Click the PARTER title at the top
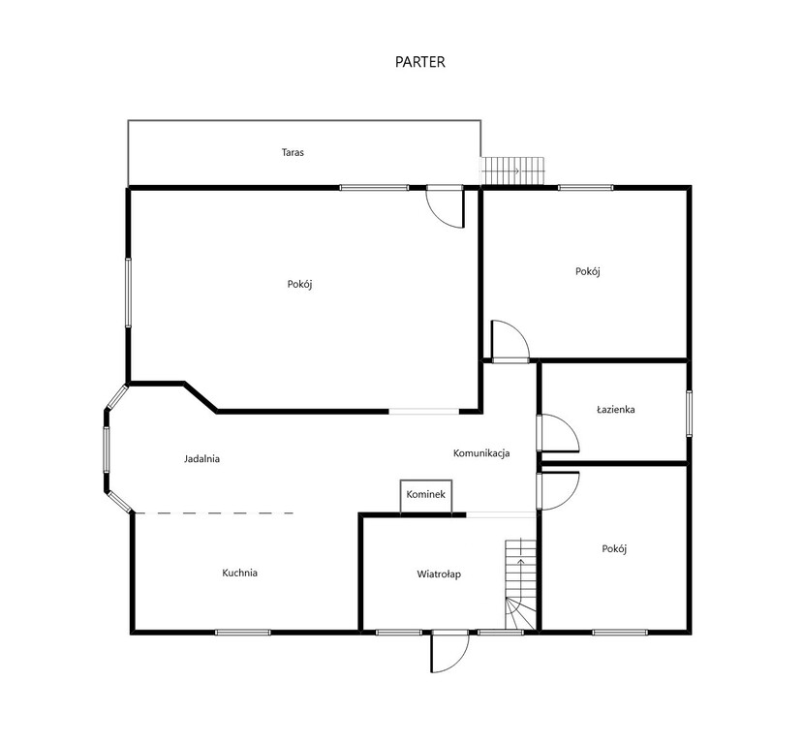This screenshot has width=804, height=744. [x=420, y=62]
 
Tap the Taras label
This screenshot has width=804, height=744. [x=293, y=152]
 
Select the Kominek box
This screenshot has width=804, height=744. [x=426, y=496]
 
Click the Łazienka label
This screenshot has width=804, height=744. [x=616, y=409]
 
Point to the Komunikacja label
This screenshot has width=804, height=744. [x=481, y=453]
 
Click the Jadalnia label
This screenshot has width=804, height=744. [x=202, y=458]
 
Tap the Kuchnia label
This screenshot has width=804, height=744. [x=239, y=573]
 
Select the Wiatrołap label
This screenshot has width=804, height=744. [x=439, y=574]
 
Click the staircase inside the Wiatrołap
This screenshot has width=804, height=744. [x=520, y=584]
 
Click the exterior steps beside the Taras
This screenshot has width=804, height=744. [x=512, y=170]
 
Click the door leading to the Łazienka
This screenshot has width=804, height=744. [x=558, y=433]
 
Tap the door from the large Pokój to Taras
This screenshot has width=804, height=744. [x=446, y=206]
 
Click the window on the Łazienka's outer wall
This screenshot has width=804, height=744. [x=689, y=414]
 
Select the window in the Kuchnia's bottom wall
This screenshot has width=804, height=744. [x=242, y=633]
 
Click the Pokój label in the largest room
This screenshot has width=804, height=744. [x=300, y=284]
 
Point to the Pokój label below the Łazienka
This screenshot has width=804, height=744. [x=614, y=548]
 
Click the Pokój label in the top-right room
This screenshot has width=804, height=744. [x=588, y=271]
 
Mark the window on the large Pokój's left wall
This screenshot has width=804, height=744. [x=128, y=293]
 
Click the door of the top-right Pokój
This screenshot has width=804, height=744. [x=510, y=341]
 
